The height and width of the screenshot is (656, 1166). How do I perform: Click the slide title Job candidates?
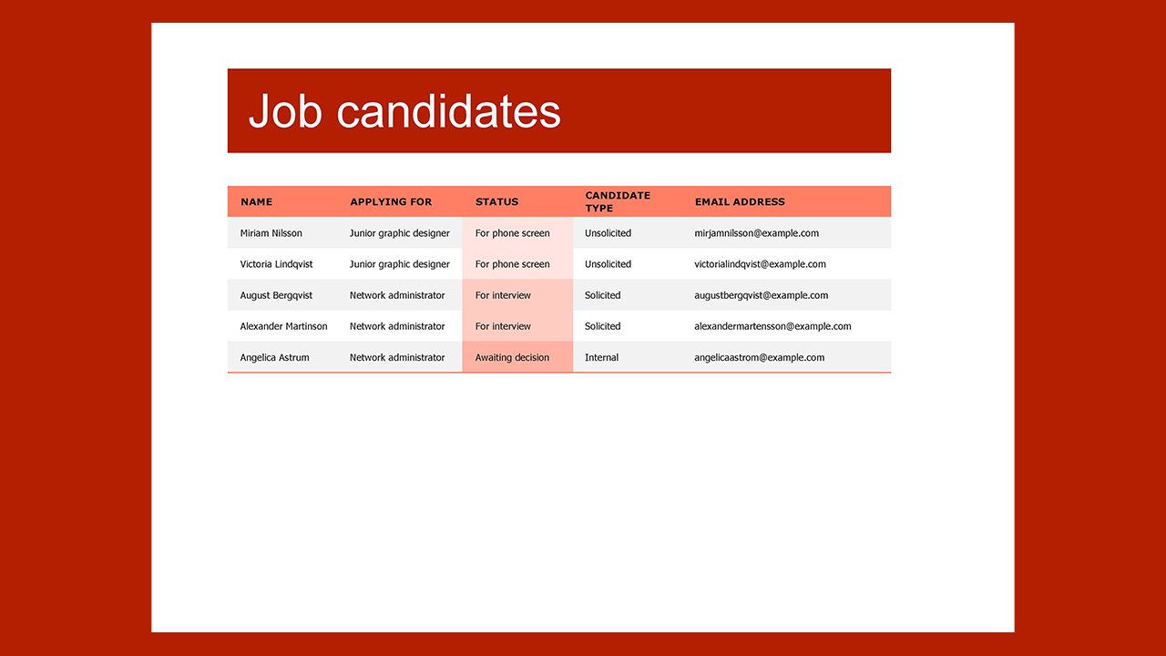coord(404,111)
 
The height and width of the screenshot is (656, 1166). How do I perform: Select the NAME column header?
coord(256,202)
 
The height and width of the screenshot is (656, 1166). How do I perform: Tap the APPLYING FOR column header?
coord(391,202)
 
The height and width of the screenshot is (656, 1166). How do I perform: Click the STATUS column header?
coord(496,202)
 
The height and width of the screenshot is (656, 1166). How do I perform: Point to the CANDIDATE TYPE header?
coord(618,201)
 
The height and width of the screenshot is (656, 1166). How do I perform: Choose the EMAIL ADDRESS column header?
coord(739,202)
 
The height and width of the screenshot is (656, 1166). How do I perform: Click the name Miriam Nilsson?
coord(271,233)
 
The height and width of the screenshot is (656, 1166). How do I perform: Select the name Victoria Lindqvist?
coord(276,264)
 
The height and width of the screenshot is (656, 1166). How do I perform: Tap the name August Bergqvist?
coord(276,295)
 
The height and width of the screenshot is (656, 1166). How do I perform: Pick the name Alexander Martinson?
coord(283,326)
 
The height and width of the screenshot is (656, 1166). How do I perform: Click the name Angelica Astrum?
coord(274,357)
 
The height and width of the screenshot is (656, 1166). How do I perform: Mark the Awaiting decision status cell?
coord(512,357)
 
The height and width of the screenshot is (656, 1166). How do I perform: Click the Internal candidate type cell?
coord(601,357)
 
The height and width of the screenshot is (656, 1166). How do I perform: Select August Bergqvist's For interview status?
coord(503,295)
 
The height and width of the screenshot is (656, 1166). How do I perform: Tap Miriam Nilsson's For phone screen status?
coord(512,233)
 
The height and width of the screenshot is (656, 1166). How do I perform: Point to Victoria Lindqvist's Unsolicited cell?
coord(608,264)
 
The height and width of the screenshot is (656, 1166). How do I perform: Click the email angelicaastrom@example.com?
coord(759,357)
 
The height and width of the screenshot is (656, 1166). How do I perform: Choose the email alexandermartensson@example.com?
coord(772,326)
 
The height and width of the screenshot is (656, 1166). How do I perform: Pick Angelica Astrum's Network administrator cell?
coord(397,357)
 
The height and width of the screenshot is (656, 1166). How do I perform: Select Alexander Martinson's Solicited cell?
coord(602,326)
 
